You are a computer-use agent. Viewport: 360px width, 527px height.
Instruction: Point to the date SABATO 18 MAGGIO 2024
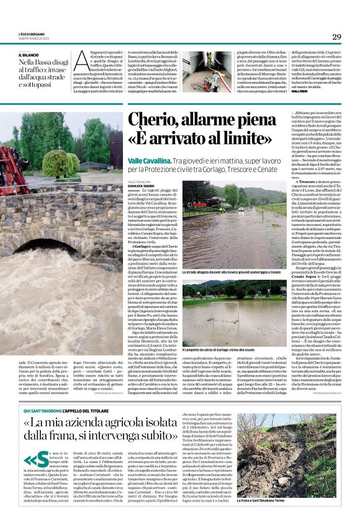pyautogui.click(x=29, y=40)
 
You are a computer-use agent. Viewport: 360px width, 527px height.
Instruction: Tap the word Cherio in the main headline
pyautogui.click(x=148, y=119)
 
